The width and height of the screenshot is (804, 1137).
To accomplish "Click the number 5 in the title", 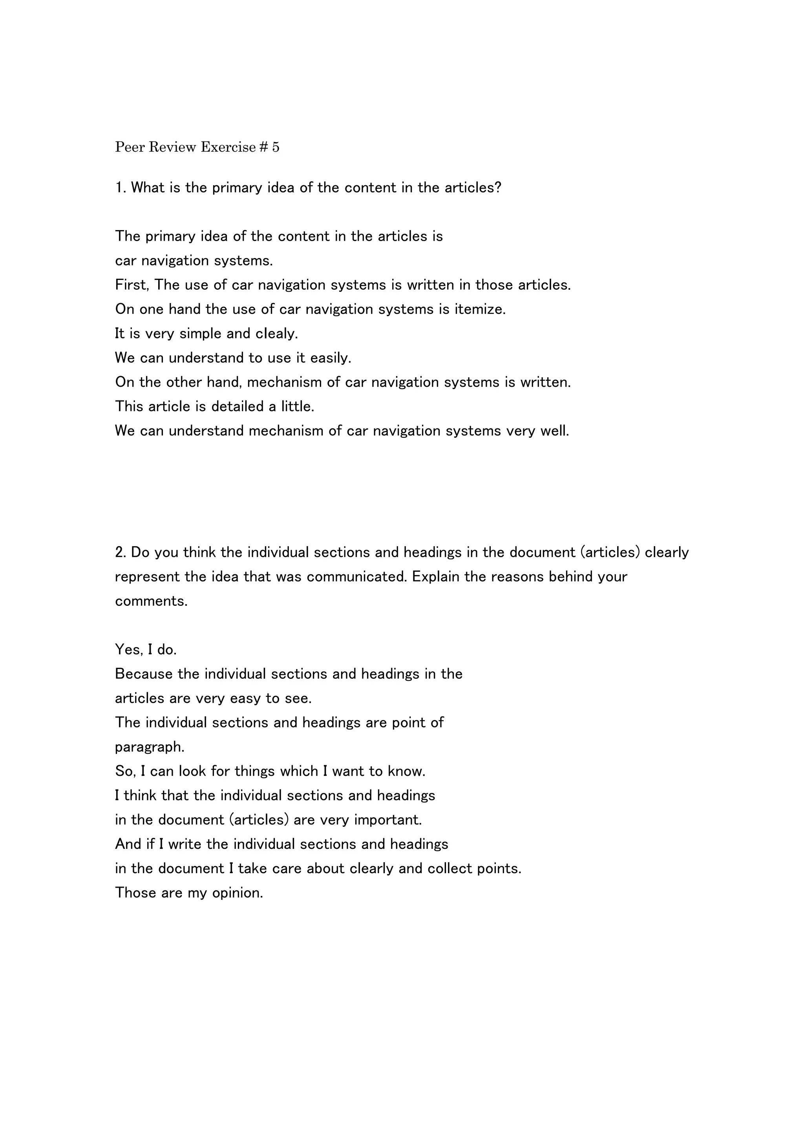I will (x=276, y=147).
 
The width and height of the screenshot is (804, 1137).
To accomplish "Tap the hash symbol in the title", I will (x=263, y=147).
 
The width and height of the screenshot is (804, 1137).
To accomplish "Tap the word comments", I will (x=151, y=601).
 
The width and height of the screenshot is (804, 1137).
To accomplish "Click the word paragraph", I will (x=150, y=746).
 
